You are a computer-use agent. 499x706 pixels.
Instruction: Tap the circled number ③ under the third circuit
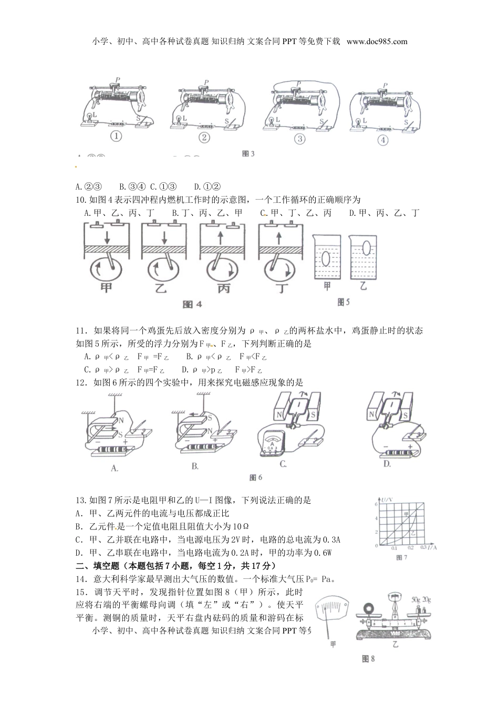[300, 139]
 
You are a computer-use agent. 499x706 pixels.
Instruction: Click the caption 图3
[248, 154]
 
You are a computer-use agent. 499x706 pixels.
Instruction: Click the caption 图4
[192, 305]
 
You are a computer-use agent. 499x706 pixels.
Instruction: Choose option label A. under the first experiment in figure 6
[115, 468]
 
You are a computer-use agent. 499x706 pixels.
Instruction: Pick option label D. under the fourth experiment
[387, 463]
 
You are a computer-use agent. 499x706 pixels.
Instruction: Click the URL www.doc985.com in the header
[377, 41]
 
